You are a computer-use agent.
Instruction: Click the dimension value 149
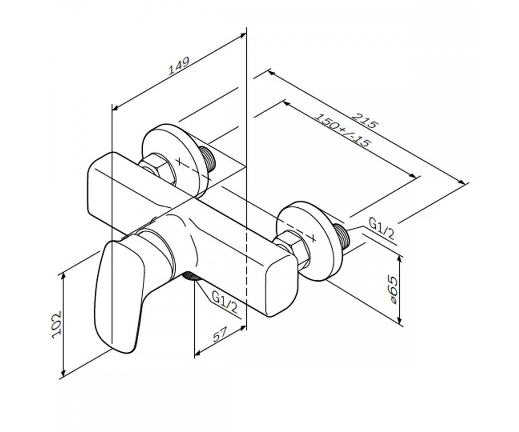click(179, 66)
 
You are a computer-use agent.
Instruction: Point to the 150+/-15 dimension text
click(343, 134)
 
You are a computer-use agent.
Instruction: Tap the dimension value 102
click(57, 324)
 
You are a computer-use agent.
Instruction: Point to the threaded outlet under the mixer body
click(191, 276)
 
